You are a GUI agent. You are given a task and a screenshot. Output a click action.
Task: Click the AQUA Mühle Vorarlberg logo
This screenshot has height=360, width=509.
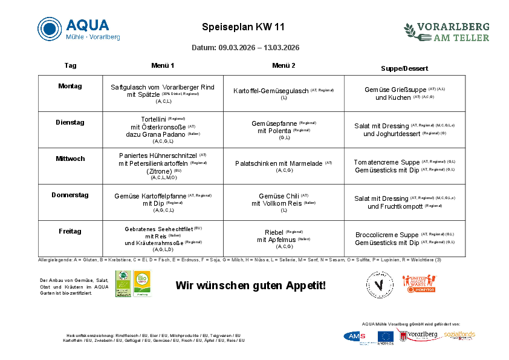[x=79, y=29]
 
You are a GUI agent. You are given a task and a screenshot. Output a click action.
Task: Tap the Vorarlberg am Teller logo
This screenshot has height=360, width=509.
[x=446, y=31]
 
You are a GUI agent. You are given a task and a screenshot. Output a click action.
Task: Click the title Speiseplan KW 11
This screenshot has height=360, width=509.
[x=243, y=27]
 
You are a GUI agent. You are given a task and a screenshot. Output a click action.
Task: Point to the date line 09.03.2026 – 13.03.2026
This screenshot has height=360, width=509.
[x=245, y=48]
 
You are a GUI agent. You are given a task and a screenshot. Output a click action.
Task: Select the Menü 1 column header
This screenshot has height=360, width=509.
[x=163, y=65]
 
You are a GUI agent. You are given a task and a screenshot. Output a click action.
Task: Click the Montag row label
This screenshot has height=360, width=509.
[x=70, y=86]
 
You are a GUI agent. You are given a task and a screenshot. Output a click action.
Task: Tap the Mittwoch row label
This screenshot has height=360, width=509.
[x=70, y=159]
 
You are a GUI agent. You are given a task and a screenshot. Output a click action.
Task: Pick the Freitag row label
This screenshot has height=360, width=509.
[x=70, y=231]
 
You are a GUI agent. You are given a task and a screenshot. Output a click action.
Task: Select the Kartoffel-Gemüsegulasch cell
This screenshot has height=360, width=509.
[x=284, y=92]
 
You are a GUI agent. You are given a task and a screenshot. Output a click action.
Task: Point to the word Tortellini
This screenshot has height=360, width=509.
[x=153, y=119]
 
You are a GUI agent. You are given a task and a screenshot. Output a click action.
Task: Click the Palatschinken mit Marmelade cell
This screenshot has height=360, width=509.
[x=284, y=165]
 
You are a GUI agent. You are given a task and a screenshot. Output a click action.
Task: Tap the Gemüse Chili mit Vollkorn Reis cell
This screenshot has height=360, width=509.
[x=284, y=200]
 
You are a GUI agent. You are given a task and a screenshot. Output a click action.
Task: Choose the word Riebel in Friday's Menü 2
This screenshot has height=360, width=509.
[x=274, y=232]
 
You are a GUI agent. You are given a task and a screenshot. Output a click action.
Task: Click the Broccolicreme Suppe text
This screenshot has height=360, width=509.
[x=387, y=235]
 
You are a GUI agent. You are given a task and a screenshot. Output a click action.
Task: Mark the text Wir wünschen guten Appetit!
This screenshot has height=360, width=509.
[x=250, y=285]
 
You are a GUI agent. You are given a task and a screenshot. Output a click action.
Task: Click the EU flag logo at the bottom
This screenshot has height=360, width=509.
[x=386, y=337]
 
